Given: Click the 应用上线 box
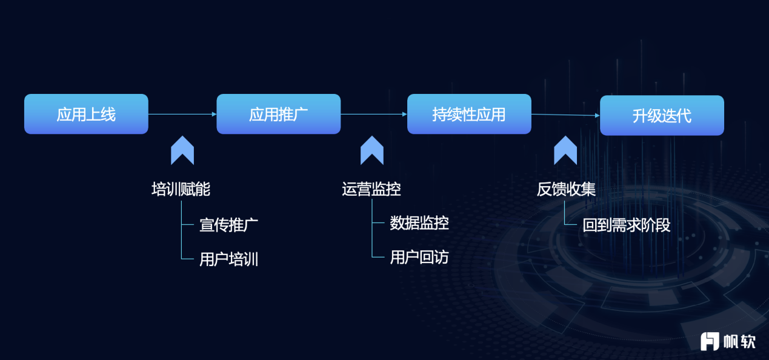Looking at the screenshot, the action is [86, 114].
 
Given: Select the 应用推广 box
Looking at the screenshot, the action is [278, 114].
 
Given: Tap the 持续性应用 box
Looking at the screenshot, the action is [469, 114].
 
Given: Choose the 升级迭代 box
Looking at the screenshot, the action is [662, 115].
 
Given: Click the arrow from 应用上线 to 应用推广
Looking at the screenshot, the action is [182, 114].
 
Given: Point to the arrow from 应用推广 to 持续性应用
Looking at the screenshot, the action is [374, 114].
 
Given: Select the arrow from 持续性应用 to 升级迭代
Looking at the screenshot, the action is [565, 115].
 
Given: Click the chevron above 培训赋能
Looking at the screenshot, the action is [182, 150].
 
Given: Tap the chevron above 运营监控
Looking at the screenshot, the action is [372, 150].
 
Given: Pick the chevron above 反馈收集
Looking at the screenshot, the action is [565, 150].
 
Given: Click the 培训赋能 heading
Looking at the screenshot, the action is [181, 189].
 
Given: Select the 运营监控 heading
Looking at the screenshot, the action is [371, 189].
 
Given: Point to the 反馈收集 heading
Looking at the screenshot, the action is [566, 189].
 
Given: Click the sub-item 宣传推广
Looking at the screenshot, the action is [228, 225].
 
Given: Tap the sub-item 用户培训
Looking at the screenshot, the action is [228, 259].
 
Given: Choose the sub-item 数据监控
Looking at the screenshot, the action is [419, 223].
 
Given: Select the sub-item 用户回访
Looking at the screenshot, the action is [419, 257].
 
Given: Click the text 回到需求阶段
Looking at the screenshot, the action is [627, 225].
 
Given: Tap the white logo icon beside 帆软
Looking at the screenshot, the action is [710, 341].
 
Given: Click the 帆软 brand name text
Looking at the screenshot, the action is [739, 341].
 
